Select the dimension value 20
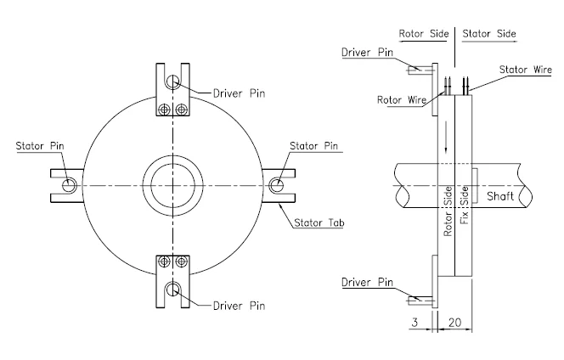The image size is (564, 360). tap(456, 323)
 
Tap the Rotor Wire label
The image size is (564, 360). tap(402, 99)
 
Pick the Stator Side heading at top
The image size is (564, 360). tap(489, 34)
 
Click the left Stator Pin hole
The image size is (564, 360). tap(69, 184)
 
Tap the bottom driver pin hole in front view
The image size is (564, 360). tap(173, 290)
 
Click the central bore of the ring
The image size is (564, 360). tap(172, 184)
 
